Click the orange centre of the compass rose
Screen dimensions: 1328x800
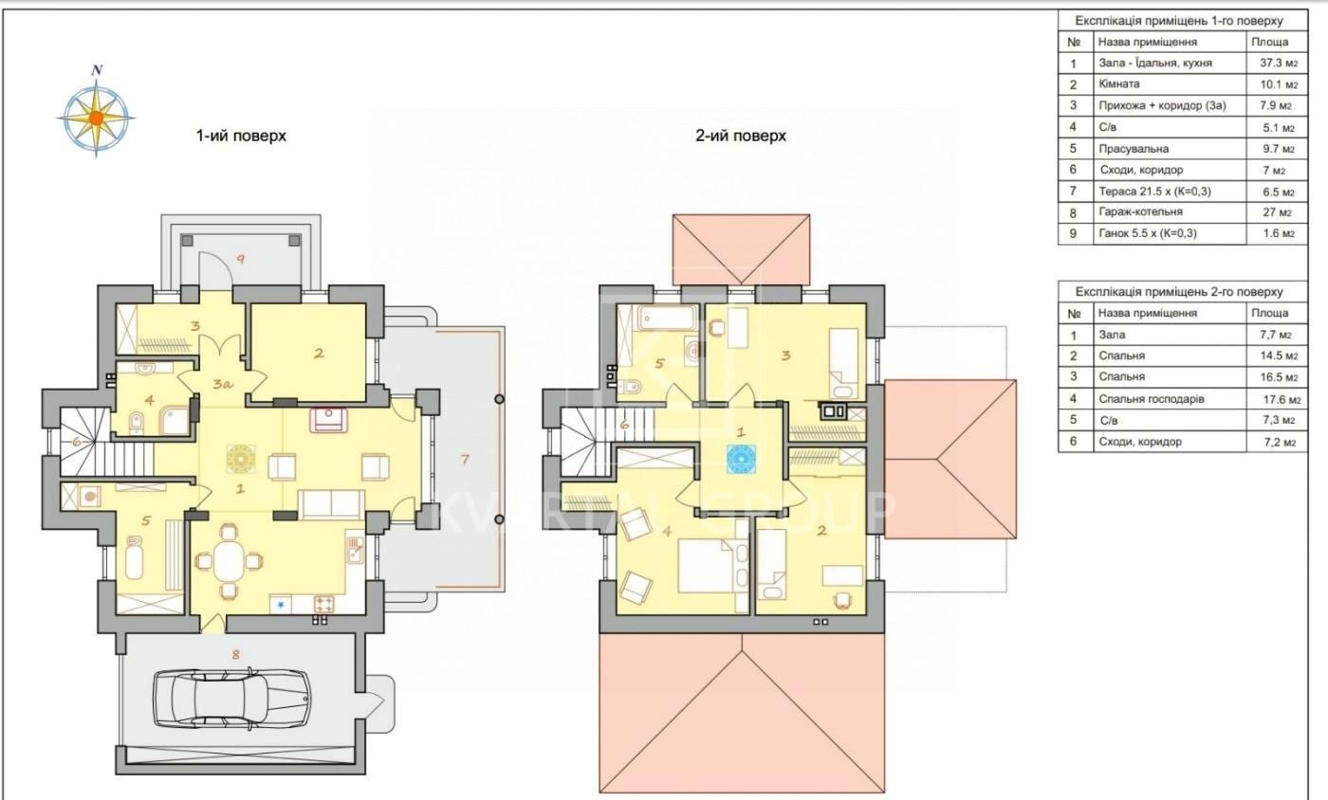(96, 118)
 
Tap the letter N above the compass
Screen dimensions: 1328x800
(97, 70)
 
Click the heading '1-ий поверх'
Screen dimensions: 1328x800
(241, 136)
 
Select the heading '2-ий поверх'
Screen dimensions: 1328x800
(741, 136)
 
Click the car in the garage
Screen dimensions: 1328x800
(231, 698)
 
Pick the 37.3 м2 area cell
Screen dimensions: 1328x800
(1279, 63)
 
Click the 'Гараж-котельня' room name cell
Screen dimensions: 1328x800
(1140, 211)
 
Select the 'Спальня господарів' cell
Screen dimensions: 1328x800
(1152, 399)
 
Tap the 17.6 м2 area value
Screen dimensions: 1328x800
(1282, 399)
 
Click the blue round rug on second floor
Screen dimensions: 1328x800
(740, 459)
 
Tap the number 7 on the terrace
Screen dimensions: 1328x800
(465, 459)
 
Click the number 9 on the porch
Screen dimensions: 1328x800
(241, 259)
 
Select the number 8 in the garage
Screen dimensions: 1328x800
(236, 654)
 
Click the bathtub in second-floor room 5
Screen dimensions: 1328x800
(668, 318)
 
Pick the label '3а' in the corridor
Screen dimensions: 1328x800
(222, 384)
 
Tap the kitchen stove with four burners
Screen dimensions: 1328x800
(323, 605)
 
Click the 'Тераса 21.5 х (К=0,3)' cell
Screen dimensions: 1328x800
(1155, 191)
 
